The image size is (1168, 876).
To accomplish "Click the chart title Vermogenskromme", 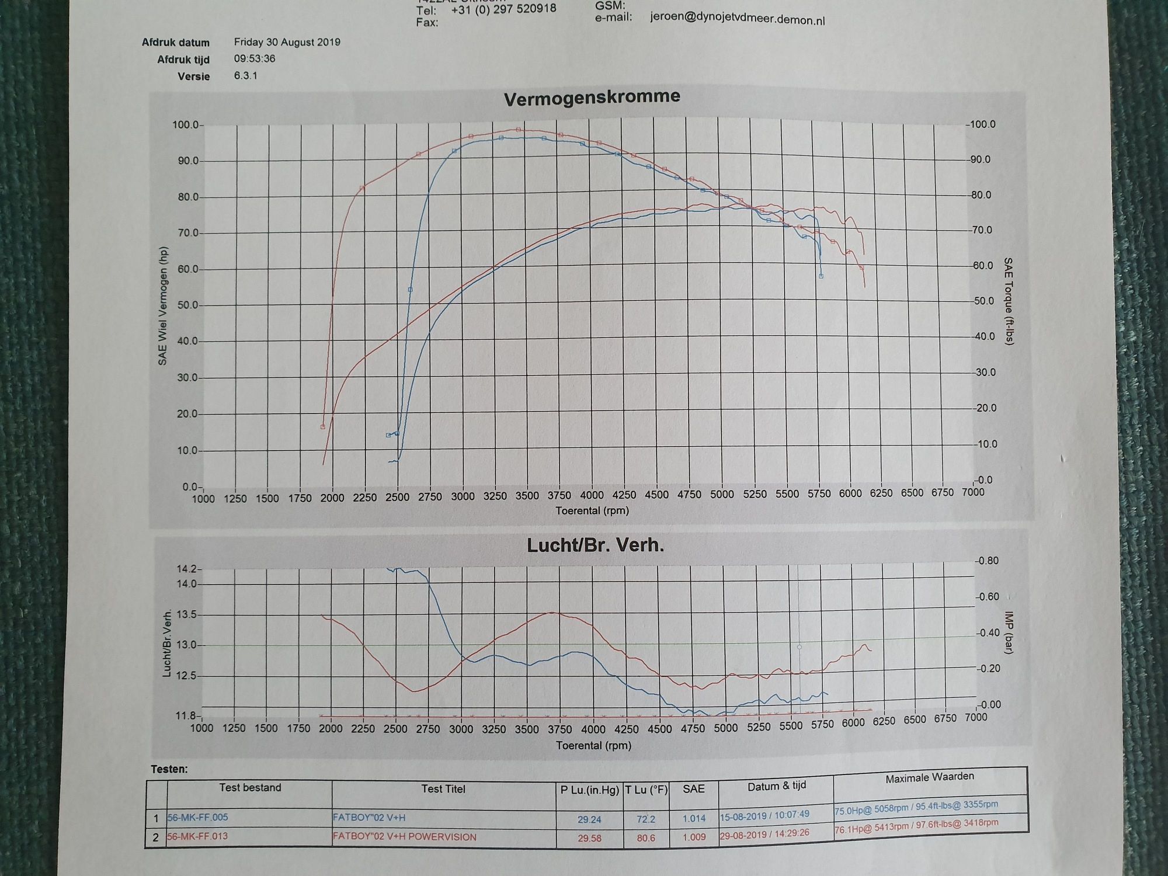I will click(x=592, y=97).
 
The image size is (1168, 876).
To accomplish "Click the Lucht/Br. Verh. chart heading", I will click(x=595, y=545).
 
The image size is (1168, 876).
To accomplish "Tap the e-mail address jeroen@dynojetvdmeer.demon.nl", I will click(x=737, y=19).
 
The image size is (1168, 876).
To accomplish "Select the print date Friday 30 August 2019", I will click(x=287, y=42).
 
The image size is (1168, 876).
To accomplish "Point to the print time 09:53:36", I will click(x=255, y=58).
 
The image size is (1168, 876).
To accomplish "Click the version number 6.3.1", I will click(x=245, y=75).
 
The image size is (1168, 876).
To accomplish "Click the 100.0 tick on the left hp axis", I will click(x=185, y=125).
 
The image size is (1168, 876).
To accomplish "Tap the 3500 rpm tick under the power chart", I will click(x=527, y=496).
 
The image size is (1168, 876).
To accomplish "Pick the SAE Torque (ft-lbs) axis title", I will click(x=1008, y=301).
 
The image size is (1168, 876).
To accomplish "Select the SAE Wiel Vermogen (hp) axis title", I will click(x=163, y=306).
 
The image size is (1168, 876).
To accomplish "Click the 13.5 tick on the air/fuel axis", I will click(x=186, y=614).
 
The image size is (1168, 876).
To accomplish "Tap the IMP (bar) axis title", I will click(x=1009, y=632).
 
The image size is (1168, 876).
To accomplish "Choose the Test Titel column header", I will click(x=443, y=789).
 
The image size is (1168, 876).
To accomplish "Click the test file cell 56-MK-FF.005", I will click(x=197, y=817).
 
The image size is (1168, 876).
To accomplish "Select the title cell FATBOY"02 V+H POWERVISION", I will click(x=404, y=836).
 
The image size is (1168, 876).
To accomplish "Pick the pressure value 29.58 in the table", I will click(x=589, y=838).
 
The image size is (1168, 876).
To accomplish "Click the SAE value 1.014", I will click(x=694, y=818).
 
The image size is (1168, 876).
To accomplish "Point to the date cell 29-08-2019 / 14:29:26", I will click(x=764, y=834).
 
